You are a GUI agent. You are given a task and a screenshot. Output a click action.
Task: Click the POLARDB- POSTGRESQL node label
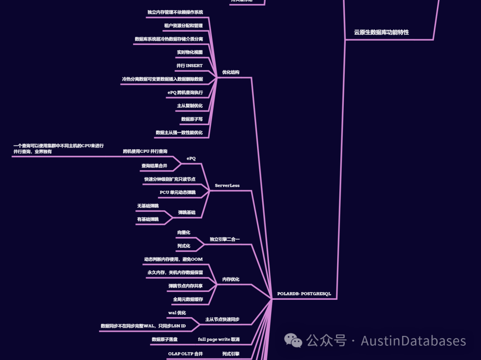(x=304, y=294)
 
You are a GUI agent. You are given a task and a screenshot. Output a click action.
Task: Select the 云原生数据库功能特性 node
(x=381, y=33)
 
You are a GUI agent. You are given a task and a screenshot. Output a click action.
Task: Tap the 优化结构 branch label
(x=231, y=72)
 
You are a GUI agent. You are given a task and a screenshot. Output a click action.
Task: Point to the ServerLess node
(x=227, y=186)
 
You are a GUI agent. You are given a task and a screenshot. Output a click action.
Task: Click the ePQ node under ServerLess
(x=191, y=159)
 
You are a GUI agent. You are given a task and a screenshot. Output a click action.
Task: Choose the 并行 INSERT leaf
(x=189, y=65)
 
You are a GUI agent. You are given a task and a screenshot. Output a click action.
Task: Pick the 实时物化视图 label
(x=189, y=53)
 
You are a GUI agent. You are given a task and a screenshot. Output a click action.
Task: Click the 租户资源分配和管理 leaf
(x=183, y=26)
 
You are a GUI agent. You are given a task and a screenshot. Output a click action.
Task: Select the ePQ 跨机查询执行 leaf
(x=185, y=93)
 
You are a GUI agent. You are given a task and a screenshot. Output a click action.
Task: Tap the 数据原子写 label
(x=192, y=119)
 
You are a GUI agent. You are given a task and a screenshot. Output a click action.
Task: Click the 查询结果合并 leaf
(x=154, y=166)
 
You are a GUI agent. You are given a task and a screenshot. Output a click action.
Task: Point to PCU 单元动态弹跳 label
(x=177, y=192)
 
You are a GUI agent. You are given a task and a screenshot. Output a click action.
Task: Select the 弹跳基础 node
(x=187, y=213)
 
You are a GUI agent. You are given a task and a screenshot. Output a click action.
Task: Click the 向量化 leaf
(x=183, y=233)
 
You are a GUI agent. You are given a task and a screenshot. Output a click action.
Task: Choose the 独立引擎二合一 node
(x=224, y=239)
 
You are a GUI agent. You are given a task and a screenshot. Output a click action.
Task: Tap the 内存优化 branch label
(x=231, y=279)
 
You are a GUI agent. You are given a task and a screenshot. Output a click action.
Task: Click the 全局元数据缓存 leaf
(x=188, y=299)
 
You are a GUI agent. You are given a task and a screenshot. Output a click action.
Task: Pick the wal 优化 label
(x=177, y=313)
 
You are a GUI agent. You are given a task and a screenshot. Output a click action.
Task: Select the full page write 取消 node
(x=219, y=340)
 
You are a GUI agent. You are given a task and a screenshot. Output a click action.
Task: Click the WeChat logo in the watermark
(x=293, y=341)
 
